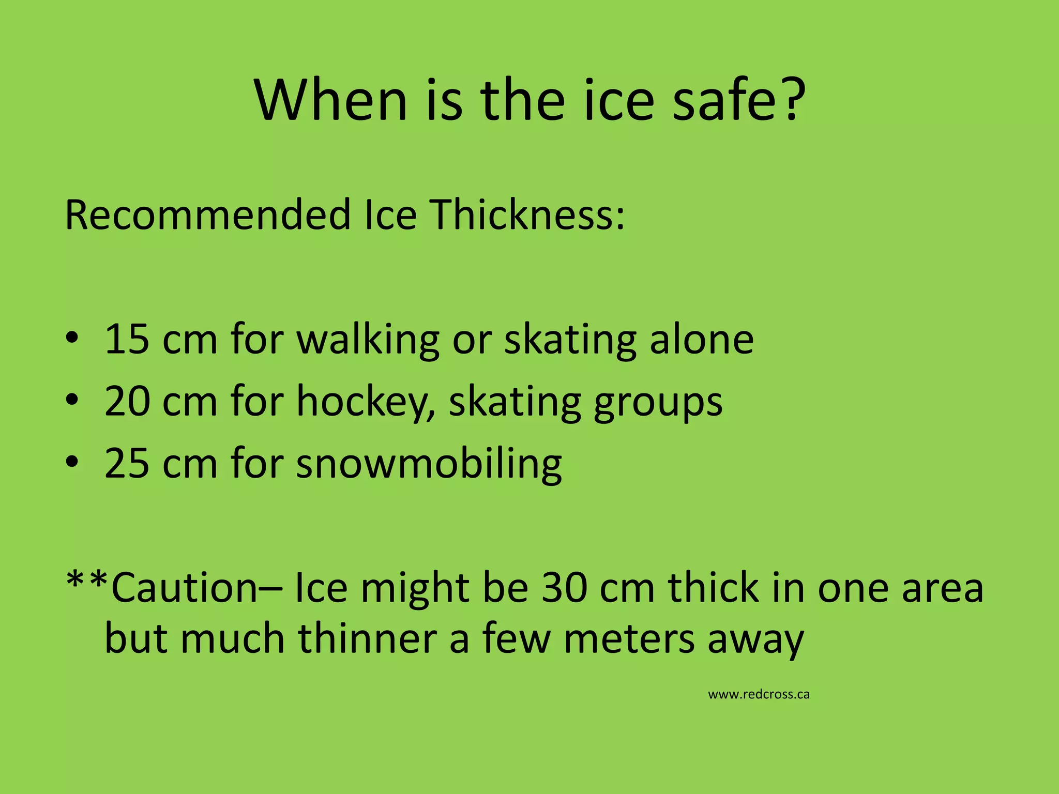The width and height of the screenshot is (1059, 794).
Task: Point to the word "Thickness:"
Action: [x=528, y=215]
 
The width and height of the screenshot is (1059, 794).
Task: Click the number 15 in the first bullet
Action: [x=127, y=340]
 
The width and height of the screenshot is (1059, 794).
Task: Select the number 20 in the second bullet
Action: [x=127, y=402]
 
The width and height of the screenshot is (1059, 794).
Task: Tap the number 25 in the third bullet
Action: [x=127, y=463]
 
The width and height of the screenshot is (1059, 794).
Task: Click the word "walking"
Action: [x=368, y=341]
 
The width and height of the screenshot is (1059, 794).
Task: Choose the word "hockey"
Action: [x=365, y=403]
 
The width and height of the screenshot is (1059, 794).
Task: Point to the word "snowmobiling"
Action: [x=429, y=464]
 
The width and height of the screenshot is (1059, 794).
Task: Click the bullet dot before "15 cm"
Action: [x=72, y=339]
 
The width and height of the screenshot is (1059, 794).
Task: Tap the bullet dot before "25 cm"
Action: [x=72, y=461]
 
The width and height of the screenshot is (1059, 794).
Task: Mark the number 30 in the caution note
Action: [x=564, y=588]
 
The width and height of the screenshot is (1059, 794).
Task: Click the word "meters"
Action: [x=629, y=639]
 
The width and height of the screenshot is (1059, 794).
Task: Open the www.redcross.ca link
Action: [x=759, y=694]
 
